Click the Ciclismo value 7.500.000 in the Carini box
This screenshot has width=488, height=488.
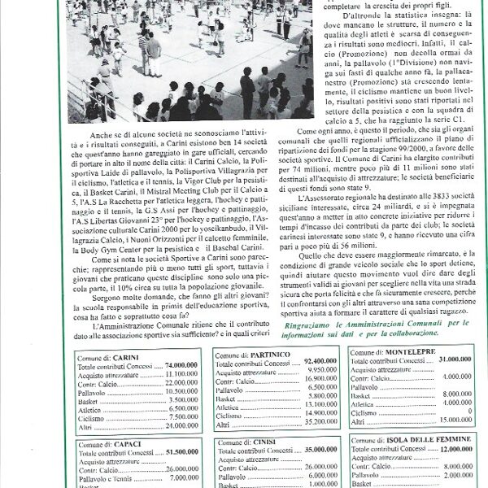[x=181, y=416]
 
